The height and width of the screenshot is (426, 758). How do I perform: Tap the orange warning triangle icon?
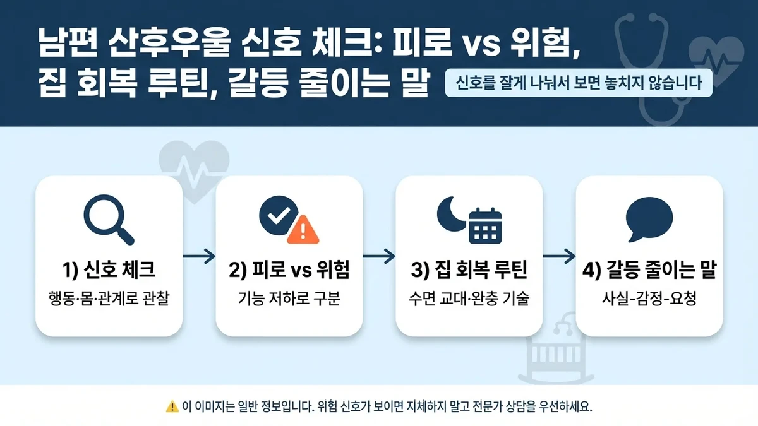pyautogui.click(x=303, y=229)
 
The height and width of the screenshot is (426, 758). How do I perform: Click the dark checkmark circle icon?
pyautogui.click(x=275, y=215)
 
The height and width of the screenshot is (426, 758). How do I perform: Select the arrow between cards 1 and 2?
pyautogui.click(x=199, y=256)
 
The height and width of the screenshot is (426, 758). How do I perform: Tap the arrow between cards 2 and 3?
pyautogui.click(x=379, y=256)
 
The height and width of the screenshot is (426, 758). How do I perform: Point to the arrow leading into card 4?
pyautogui.click(x=559, y=256)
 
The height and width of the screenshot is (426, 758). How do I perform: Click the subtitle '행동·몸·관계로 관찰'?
pyautogui.click(x=109, y=298)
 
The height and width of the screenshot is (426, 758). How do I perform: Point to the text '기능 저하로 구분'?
pyautogui.click(x=289, y=298)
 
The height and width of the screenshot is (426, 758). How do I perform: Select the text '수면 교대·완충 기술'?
pyautogui.click(x=469, y=298)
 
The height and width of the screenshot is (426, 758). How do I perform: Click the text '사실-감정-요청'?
pyautogui.click(x=649, y=298)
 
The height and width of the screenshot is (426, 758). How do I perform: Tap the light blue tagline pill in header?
pyautogui.click(x=579, y=83)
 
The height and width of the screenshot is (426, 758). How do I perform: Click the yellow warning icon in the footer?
pyautogui.click(x=172, y=406)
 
